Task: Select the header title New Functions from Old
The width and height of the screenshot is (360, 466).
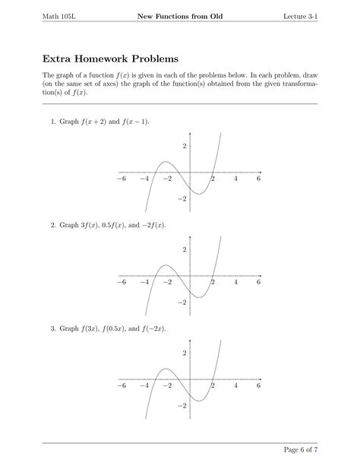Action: tap(179, 17)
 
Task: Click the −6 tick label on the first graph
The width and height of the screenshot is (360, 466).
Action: tap(122, 179)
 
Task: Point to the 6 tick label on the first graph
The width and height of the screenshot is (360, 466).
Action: tap(258, 179)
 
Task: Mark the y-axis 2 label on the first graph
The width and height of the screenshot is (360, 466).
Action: tap(183, 145)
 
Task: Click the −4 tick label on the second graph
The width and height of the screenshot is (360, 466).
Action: tap(144, 282)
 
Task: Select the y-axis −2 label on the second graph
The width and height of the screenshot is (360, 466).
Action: tap(182, 302)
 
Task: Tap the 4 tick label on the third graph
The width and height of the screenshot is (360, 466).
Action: tap(235, 385)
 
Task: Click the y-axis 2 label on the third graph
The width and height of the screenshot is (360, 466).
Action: tap(183, 353)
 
